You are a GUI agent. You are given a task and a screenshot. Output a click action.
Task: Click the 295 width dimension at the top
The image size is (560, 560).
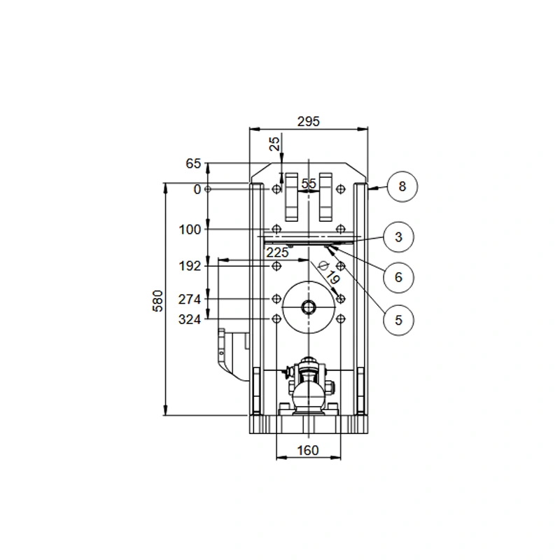click(x=309, y=121)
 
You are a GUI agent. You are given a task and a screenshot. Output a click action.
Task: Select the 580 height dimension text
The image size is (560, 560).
click(x=157, y=301)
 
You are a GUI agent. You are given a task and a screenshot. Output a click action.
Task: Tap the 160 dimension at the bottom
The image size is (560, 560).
click(x=308, y=450)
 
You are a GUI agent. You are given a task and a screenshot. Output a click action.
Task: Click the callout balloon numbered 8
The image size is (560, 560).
click(x=402, y=186)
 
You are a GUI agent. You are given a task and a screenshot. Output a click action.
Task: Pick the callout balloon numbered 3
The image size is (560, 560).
click(x=398, y=237)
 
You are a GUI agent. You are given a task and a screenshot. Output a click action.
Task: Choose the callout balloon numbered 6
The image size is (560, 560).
click(x=398, y=277)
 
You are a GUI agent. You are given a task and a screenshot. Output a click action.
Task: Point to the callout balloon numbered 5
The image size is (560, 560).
click(x=398, y=320)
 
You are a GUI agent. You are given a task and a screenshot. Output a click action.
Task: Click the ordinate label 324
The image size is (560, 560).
click(x=190, y=319)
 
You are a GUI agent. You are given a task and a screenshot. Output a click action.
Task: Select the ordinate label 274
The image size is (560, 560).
click(x=190, y=300)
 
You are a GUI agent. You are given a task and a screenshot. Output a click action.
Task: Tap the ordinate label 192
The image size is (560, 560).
click(x=190, y=266)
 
